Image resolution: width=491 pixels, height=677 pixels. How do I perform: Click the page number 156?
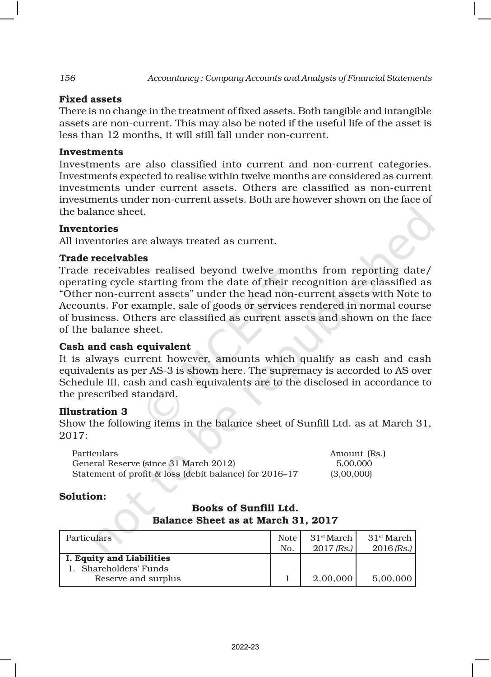tap(67, 78)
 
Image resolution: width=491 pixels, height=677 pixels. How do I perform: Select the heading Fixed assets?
tap(90, 99)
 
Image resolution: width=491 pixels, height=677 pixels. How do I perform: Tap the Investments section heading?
tap(91, 152)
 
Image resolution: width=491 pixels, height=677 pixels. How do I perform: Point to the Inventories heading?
tap(88, 229)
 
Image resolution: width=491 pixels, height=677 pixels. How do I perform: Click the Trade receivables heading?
tap(103, 258)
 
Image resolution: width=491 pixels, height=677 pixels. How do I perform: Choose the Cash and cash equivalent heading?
tap(125, 347)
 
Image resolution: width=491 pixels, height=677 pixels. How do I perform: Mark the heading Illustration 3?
tap(93, 412)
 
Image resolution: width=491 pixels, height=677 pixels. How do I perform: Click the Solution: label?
tap(83, 496)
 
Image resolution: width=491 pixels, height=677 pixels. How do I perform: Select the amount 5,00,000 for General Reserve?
tap(354, 464)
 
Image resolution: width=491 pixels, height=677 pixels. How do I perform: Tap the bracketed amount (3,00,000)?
tap(351, 474)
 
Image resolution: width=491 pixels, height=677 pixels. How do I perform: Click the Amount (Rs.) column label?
tap(357, 454)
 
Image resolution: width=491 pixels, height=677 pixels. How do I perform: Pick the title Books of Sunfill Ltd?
tap(245, 508)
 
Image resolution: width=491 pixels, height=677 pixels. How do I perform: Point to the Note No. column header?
tap(287, 543)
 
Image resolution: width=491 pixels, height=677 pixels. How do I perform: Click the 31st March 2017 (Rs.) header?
tap(331, 543)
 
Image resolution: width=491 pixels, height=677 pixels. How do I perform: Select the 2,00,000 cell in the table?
tap(333, 579)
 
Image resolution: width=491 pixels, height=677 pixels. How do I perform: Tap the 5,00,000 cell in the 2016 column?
tap(392, 579)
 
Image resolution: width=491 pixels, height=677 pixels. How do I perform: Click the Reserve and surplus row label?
tap(137, 579)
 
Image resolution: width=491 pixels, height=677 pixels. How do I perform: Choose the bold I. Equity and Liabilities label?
tap(118, 558)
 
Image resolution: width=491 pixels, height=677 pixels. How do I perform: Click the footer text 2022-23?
tap(245, 647)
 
